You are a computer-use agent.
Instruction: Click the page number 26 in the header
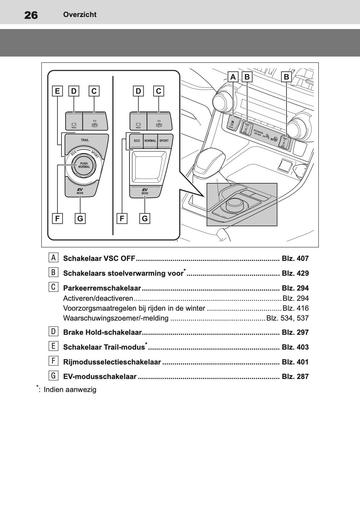(x=31, y=15)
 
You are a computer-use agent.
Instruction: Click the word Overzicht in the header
(x=80, y=15)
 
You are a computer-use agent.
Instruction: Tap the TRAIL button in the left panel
(x=85, y=140)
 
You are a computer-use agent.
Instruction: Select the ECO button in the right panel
(x=137, y=141)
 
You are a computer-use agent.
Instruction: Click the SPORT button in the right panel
(x=164, y=141)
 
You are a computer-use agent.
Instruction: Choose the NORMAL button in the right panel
(x=150, y=141)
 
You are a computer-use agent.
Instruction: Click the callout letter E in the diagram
(x=57, y=91)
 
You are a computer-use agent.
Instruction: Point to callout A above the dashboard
(x=233, y=77)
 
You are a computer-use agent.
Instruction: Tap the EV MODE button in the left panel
(x=80, y=191)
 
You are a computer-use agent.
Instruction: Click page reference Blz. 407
(x=295, y=258)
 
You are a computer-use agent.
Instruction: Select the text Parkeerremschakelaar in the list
(x=102, y=288)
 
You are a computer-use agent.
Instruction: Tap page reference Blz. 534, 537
(x=287, y=318)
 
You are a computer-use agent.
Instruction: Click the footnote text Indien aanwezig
(x=70, y=390)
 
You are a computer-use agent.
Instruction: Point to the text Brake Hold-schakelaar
(x=102, y=332)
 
